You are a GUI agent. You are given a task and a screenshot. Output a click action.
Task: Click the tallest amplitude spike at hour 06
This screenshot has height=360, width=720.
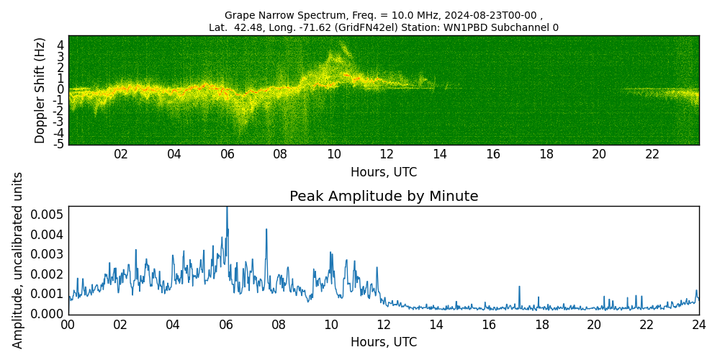pos(227,210)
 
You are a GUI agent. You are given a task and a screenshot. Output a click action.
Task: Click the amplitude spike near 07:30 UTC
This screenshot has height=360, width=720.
pos(266,230)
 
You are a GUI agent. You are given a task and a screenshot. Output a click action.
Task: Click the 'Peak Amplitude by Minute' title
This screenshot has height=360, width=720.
pos(384,197)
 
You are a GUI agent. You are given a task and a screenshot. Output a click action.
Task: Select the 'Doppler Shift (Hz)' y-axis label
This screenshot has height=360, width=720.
pos(40,90)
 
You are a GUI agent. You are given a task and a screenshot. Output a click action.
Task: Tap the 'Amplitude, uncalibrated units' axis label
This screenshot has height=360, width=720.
pos(18,260)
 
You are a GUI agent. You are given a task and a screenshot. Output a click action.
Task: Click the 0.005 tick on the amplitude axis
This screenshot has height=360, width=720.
pos(47,215)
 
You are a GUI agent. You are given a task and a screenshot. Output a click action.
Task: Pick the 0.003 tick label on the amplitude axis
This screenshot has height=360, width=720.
pos(47,254)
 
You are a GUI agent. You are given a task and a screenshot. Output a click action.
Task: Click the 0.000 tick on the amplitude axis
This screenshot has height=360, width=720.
pos(47,314)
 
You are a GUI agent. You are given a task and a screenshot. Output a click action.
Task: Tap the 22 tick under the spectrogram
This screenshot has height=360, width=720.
pos(652,154)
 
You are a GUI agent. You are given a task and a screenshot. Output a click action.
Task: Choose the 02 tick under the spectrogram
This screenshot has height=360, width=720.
pos(121,154)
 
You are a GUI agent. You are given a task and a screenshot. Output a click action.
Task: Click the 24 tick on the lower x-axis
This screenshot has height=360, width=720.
pos(699,325)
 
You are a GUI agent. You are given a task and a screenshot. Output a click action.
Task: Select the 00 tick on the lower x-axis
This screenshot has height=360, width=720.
pos(68,325)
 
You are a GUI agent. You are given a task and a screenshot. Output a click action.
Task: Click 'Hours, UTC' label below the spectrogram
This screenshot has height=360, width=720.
pos(384,172)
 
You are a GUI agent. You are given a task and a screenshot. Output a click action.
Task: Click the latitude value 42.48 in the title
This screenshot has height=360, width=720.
pos(248,27)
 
